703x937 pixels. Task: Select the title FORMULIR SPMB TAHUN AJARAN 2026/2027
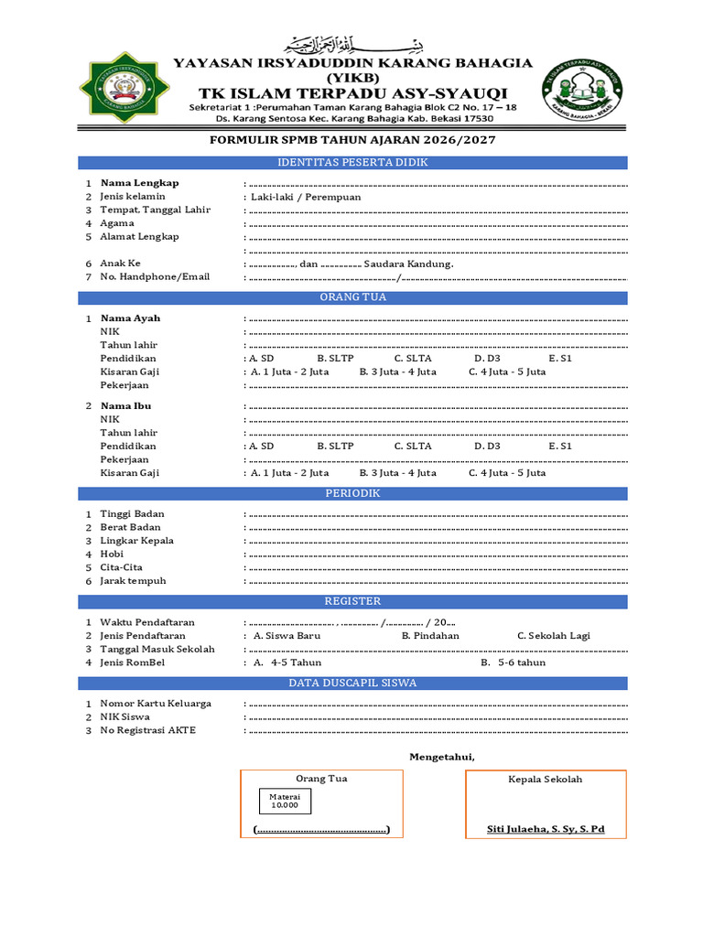352,139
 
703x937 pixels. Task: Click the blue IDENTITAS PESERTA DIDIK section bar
352,163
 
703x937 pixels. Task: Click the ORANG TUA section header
352,297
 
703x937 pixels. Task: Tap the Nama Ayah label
130,318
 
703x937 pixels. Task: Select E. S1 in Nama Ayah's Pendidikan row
560,359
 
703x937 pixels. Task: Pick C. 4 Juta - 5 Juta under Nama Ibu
507,473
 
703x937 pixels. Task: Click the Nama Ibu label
125,405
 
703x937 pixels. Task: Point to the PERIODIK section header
352,493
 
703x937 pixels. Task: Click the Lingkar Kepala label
136,541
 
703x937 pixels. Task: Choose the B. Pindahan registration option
430,635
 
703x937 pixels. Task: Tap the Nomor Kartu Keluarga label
156,704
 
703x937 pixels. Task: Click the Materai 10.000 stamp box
284,802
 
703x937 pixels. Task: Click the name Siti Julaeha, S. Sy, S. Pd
546,830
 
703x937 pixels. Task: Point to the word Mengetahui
441,757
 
